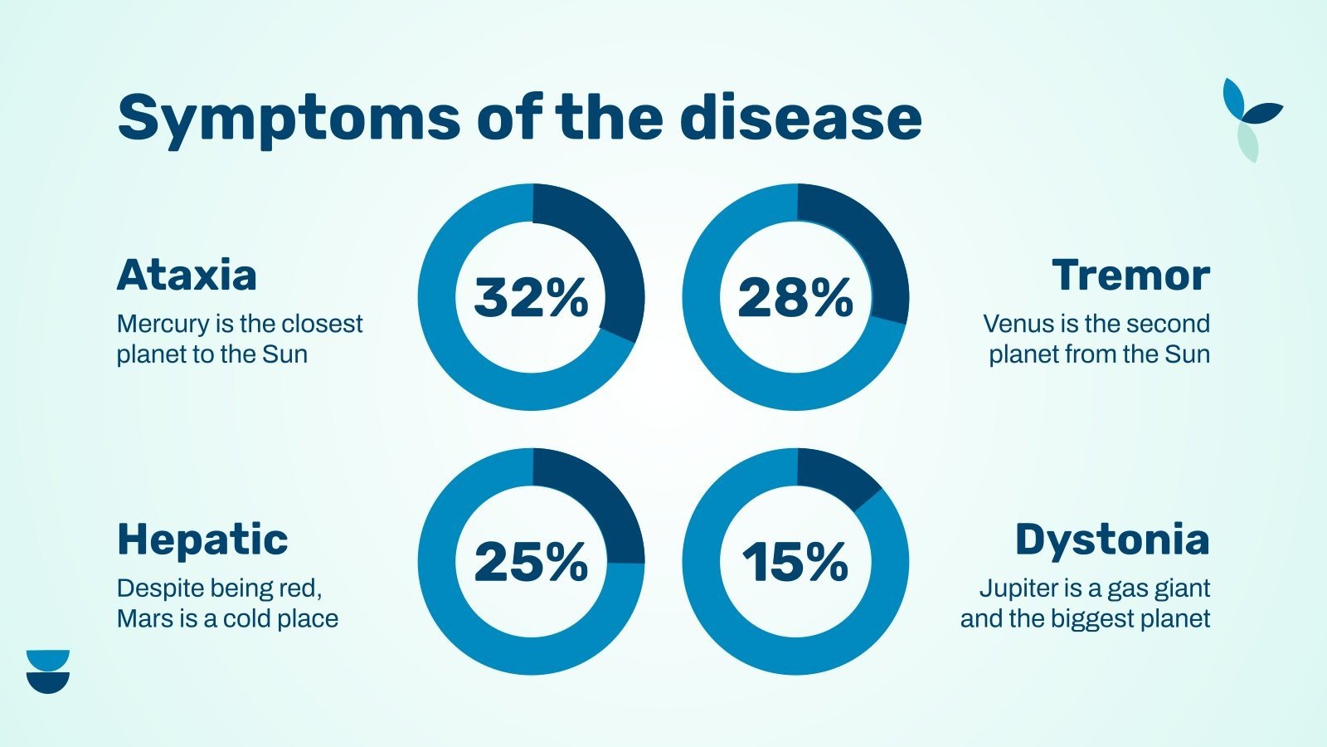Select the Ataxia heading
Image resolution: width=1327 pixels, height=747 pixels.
click(x=187, y=275)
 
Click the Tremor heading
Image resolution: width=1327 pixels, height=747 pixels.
click(x=1130, y=275)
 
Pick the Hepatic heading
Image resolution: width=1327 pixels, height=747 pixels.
click(x=202, y=539)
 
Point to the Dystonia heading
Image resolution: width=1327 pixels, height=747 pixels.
click(x=1112, y=539)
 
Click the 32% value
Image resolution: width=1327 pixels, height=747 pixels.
click(x=531, y=297)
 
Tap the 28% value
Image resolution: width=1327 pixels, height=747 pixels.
click(x=795, y=297)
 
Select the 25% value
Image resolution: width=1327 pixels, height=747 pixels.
click(x=531, y=562)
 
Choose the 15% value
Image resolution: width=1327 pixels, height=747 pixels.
click(x=795, y=562)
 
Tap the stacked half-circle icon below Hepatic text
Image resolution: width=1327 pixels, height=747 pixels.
click(x=48, y=671)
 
